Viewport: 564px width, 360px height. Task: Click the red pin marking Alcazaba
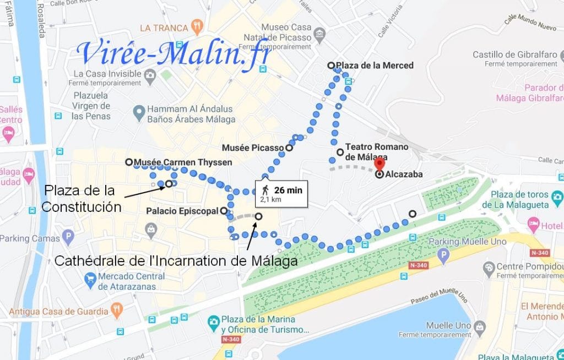[x=379, y=164]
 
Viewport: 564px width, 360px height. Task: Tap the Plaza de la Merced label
[x=375, y=66]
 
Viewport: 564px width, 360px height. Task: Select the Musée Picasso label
[x=253, y=148]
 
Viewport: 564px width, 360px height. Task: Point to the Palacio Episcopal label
[x=182, y=211]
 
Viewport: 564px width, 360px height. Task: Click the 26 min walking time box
[x=281, y=193]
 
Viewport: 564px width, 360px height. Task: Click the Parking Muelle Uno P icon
[x=442, y=254]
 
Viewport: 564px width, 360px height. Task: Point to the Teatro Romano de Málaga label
[x=377, y=152]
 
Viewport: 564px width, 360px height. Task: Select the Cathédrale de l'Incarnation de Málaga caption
[x=176, y=261]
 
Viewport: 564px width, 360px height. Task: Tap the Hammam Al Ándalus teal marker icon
[x=138, y=114]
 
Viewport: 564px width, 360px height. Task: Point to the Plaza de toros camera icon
[x=557, y=197]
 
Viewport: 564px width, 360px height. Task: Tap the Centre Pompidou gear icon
[x=488, y=268]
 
